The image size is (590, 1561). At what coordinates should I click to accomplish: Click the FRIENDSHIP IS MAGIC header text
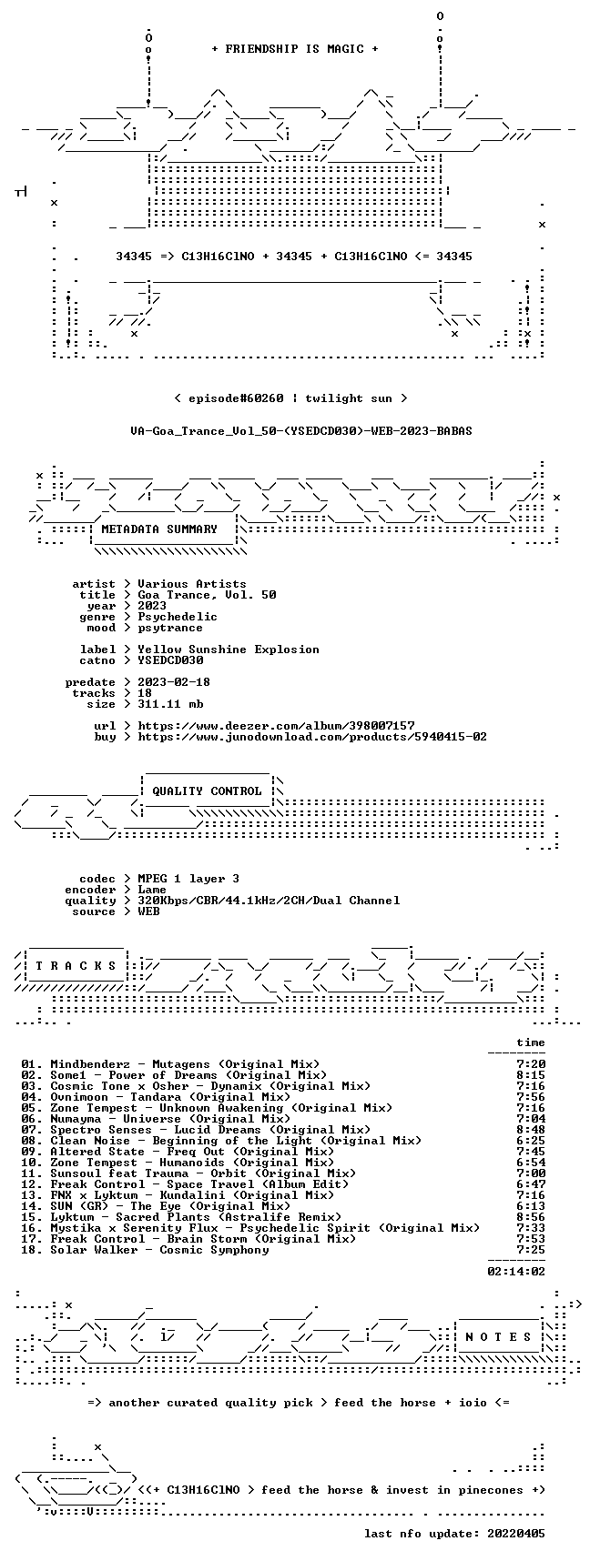(x=294, y=49)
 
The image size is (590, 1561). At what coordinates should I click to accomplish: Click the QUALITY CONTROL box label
(x=207, y=791)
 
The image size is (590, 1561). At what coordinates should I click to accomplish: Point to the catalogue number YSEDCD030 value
(x=170, y=660)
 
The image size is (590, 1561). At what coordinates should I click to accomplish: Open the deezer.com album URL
(x=276, y=726)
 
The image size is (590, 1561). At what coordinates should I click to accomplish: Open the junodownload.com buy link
(x=312, y=737)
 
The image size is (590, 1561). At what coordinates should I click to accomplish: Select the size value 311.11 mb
(x=170, y=704)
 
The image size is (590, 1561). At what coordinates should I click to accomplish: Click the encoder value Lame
(x=152, y=890)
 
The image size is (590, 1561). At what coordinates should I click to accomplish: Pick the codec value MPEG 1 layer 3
(x=188, y=879)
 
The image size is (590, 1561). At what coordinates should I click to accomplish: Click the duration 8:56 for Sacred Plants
(x=531, y=1217)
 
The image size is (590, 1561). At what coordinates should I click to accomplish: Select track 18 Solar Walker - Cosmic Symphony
(x=145, y=1250)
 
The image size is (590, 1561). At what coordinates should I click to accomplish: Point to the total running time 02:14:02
(x=516, y=1272)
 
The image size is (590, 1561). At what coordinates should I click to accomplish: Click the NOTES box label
(x=498, y=1337)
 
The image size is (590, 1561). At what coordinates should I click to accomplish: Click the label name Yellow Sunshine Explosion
(x=229, y=650)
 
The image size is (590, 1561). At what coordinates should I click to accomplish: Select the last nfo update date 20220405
(x=516, y=1534)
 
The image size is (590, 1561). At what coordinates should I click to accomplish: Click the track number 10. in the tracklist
(x=32, y=1163)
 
